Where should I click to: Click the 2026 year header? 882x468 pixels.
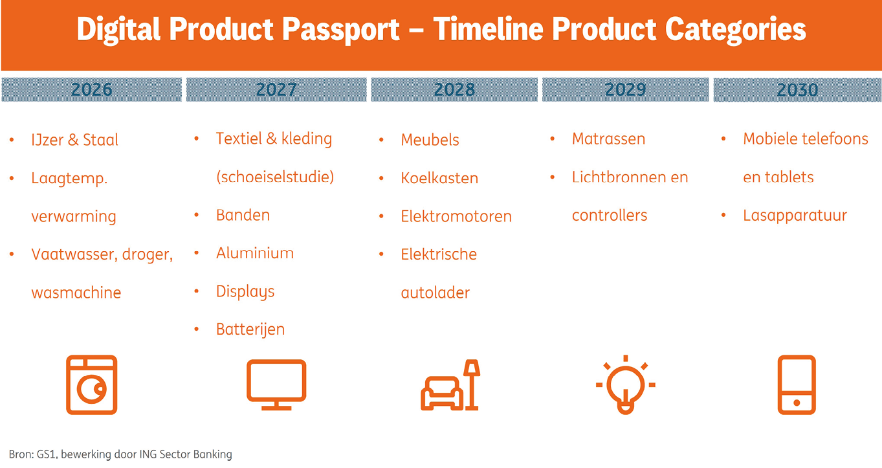(92, 89)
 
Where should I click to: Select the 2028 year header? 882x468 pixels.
(454, 89)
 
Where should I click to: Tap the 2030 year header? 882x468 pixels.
(797, 89)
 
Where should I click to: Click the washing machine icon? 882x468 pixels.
(92, 384)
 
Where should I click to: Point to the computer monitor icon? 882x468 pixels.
(276, 384)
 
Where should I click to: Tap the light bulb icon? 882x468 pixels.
(625, 384)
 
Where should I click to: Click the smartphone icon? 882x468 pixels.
(797, 384)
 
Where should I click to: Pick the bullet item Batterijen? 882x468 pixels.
(250, 329)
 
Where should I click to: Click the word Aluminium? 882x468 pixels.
(255, 253)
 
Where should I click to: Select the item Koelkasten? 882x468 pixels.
(439, 178)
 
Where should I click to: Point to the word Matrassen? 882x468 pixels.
(608, 139)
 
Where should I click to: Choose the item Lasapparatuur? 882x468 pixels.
(795, 216)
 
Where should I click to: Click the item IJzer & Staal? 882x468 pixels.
(75, 140)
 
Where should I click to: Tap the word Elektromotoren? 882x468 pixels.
(456, 216)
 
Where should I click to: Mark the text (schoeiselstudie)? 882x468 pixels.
(275, 177)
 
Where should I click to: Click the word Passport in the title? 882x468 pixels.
(344, 30)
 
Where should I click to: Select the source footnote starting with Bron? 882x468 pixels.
(120, 454)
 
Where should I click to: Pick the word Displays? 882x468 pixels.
(245, 292)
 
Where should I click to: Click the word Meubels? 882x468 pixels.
(430, 140)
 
